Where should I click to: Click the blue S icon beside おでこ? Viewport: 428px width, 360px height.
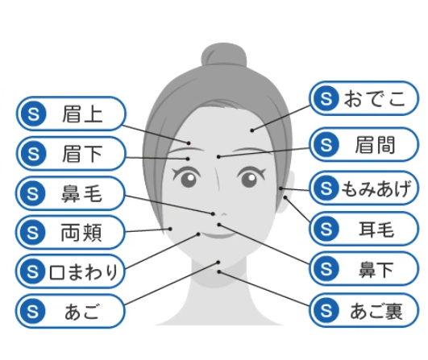coord(326,98)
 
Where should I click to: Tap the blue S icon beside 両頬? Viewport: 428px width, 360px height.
coord(33,233)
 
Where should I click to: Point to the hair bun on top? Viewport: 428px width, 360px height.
coord(224,55)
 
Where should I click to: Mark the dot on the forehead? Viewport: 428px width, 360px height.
coord(252,130)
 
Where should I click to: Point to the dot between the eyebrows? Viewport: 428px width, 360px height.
coord(218,157)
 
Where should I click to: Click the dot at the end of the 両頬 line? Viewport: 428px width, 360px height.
coord(170,229)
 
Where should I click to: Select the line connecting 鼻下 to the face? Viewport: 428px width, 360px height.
coord(264,244)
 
